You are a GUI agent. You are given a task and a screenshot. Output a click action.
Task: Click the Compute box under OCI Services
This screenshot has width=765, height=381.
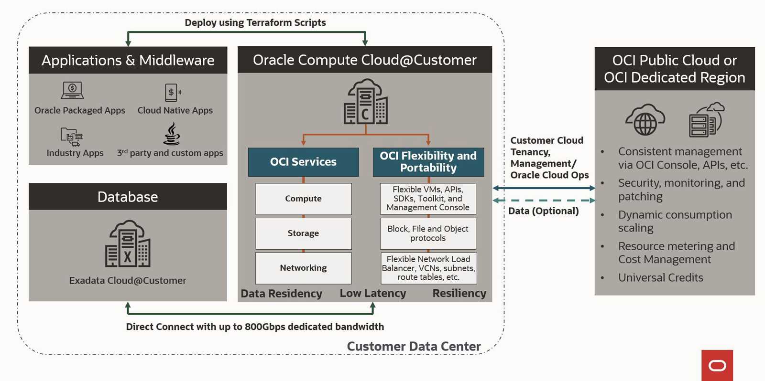303,199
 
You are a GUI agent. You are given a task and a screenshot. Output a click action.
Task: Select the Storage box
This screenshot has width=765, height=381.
303,233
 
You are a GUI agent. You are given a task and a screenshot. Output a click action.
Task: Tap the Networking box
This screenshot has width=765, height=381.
303,268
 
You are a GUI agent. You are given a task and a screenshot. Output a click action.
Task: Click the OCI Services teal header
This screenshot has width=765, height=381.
303,162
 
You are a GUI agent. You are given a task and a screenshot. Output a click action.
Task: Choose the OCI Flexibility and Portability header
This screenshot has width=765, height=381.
428,162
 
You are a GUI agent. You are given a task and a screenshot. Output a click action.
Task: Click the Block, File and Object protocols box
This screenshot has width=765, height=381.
428,233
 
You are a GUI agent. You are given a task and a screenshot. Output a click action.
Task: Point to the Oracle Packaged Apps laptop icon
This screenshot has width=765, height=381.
72,90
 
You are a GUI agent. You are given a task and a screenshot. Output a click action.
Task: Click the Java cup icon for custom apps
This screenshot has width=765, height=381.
172,134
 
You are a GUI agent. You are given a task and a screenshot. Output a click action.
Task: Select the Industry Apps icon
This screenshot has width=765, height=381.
72,137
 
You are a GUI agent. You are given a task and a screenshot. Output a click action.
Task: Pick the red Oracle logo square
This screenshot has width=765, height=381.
717,365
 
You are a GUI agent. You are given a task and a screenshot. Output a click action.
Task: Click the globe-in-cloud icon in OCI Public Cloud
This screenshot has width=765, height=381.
645,120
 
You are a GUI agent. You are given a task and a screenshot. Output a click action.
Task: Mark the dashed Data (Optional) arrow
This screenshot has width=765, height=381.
544,201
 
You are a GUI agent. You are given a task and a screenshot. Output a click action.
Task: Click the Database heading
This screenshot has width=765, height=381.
128,197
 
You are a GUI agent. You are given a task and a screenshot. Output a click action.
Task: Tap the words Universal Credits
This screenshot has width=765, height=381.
660,278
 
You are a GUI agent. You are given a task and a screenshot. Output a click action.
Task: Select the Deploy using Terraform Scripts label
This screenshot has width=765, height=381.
255,22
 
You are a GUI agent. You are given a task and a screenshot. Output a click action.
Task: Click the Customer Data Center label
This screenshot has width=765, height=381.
414,346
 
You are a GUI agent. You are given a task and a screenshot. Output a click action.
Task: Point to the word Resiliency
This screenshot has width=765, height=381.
459,293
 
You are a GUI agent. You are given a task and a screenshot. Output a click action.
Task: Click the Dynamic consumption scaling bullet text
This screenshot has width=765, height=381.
674,222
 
